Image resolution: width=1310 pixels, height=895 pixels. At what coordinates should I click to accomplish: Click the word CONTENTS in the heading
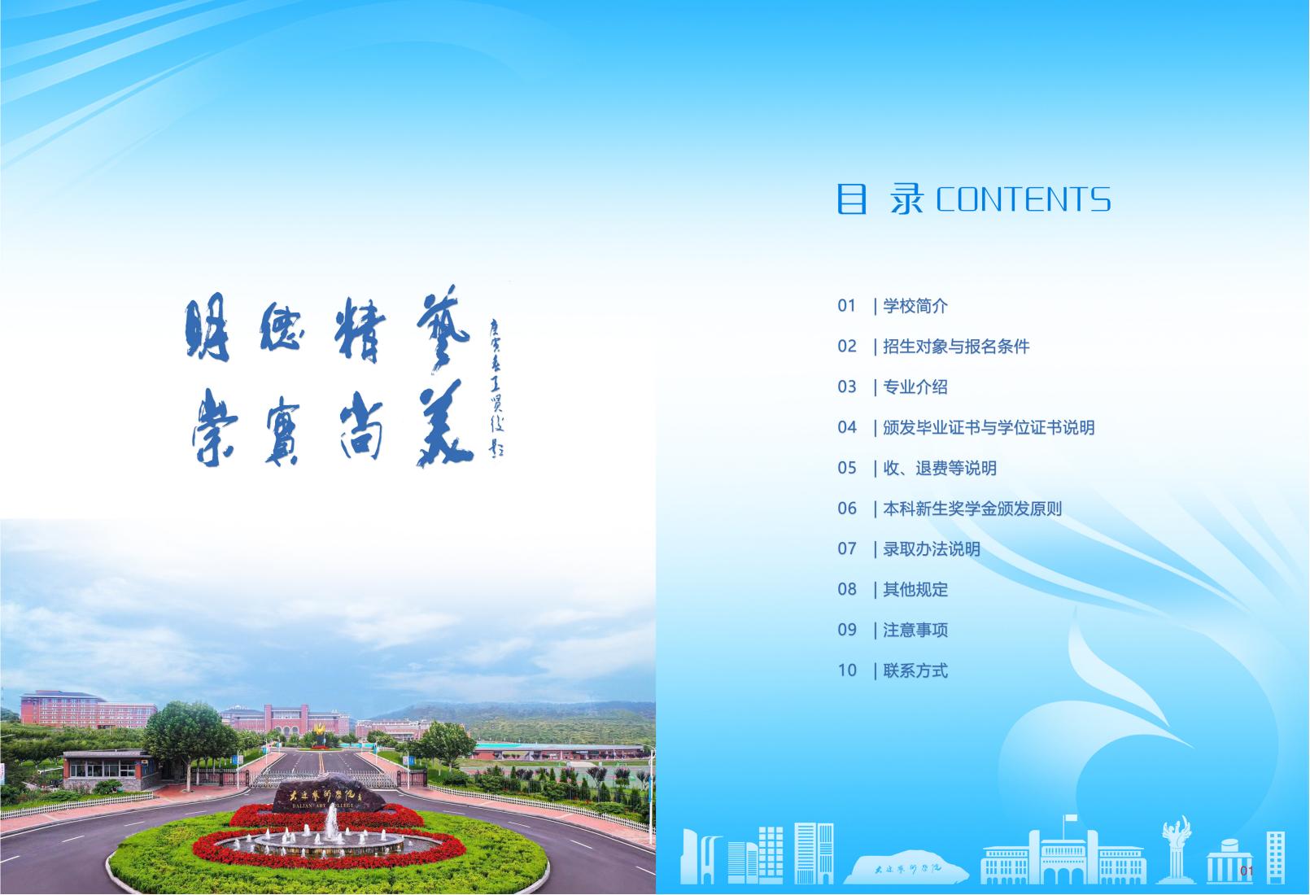coord(1023,199)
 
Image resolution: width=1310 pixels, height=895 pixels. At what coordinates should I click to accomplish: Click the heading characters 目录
coord(880,199)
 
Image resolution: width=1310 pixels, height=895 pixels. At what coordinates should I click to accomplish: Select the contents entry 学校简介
coord(915,306)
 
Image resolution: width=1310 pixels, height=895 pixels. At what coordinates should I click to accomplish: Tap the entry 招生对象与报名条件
coord(955,347)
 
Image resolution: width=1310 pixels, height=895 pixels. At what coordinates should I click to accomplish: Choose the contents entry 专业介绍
coord(915,387)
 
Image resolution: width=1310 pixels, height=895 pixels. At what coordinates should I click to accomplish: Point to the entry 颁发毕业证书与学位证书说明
coord(988,427)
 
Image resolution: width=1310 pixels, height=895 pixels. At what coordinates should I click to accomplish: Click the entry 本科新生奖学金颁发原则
coord(972,509)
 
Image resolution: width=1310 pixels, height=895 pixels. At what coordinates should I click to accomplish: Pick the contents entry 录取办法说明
coord(931,549)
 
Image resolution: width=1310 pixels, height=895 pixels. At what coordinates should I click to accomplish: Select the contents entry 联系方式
coord(915,670)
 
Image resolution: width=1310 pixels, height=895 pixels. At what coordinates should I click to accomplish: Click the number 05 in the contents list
coord(847,468)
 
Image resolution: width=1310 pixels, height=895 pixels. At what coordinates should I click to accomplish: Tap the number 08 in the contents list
coord(847,589)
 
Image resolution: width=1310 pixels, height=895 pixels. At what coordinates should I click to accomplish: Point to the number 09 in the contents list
coord(847,630)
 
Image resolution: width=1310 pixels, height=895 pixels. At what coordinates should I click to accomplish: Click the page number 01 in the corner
coord(1247,872)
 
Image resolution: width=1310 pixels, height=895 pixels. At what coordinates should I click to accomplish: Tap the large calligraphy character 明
coord(207,330)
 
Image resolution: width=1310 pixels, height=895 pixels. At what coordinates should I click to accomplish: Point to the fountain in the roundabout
coord(331,834)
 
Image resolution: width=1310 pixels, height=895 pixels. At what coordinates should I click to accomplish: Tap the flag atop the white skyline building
coord(1070,818)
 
